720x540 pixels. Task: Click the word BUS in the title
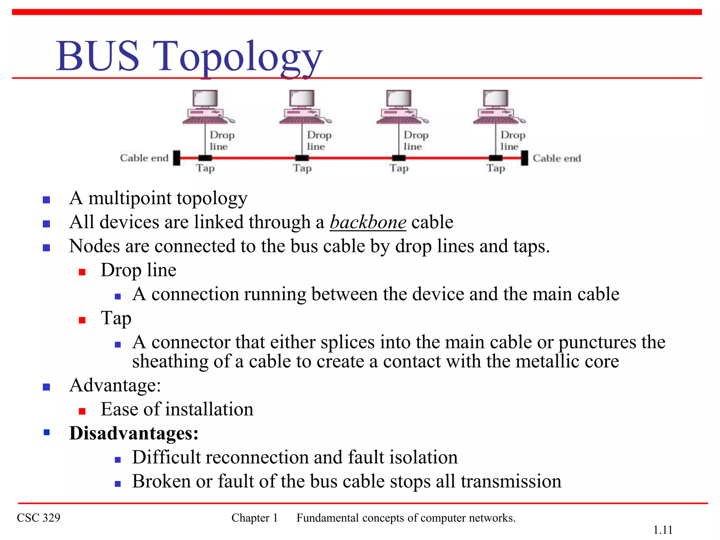click(97, 56)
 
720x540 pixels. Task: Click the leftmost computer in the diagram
click(206, 107)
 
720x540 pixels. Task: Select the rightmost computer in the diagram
click(496, 107)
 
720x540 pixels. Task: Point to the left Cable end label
click(144, 158)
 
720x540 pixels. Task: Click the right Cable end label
click(557, 158)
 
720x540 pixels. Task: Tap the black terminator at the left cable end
click(177, 158)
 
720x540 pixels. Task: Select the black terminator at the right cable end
click(525, 158)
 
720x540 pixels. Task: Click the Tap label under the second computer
click(302, 168)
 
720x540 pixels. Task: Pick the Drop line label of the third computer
click(416, 140)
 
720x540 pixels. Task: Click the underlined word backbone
click(368, 222)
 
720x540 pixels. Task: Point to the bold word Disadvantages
click(134, 433)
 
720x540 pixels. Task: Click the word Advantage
click(115, 385)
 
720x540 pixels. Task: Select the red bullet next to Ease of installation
click(82, 411)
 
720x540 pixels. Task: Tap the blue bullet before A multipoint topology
click(46, 200)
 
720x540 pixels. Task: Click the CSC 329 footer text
click(39, 518)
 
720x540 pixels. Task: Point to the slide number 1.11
click(663, 530)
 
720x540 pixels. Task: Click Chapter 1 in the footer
click(255, 518)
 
